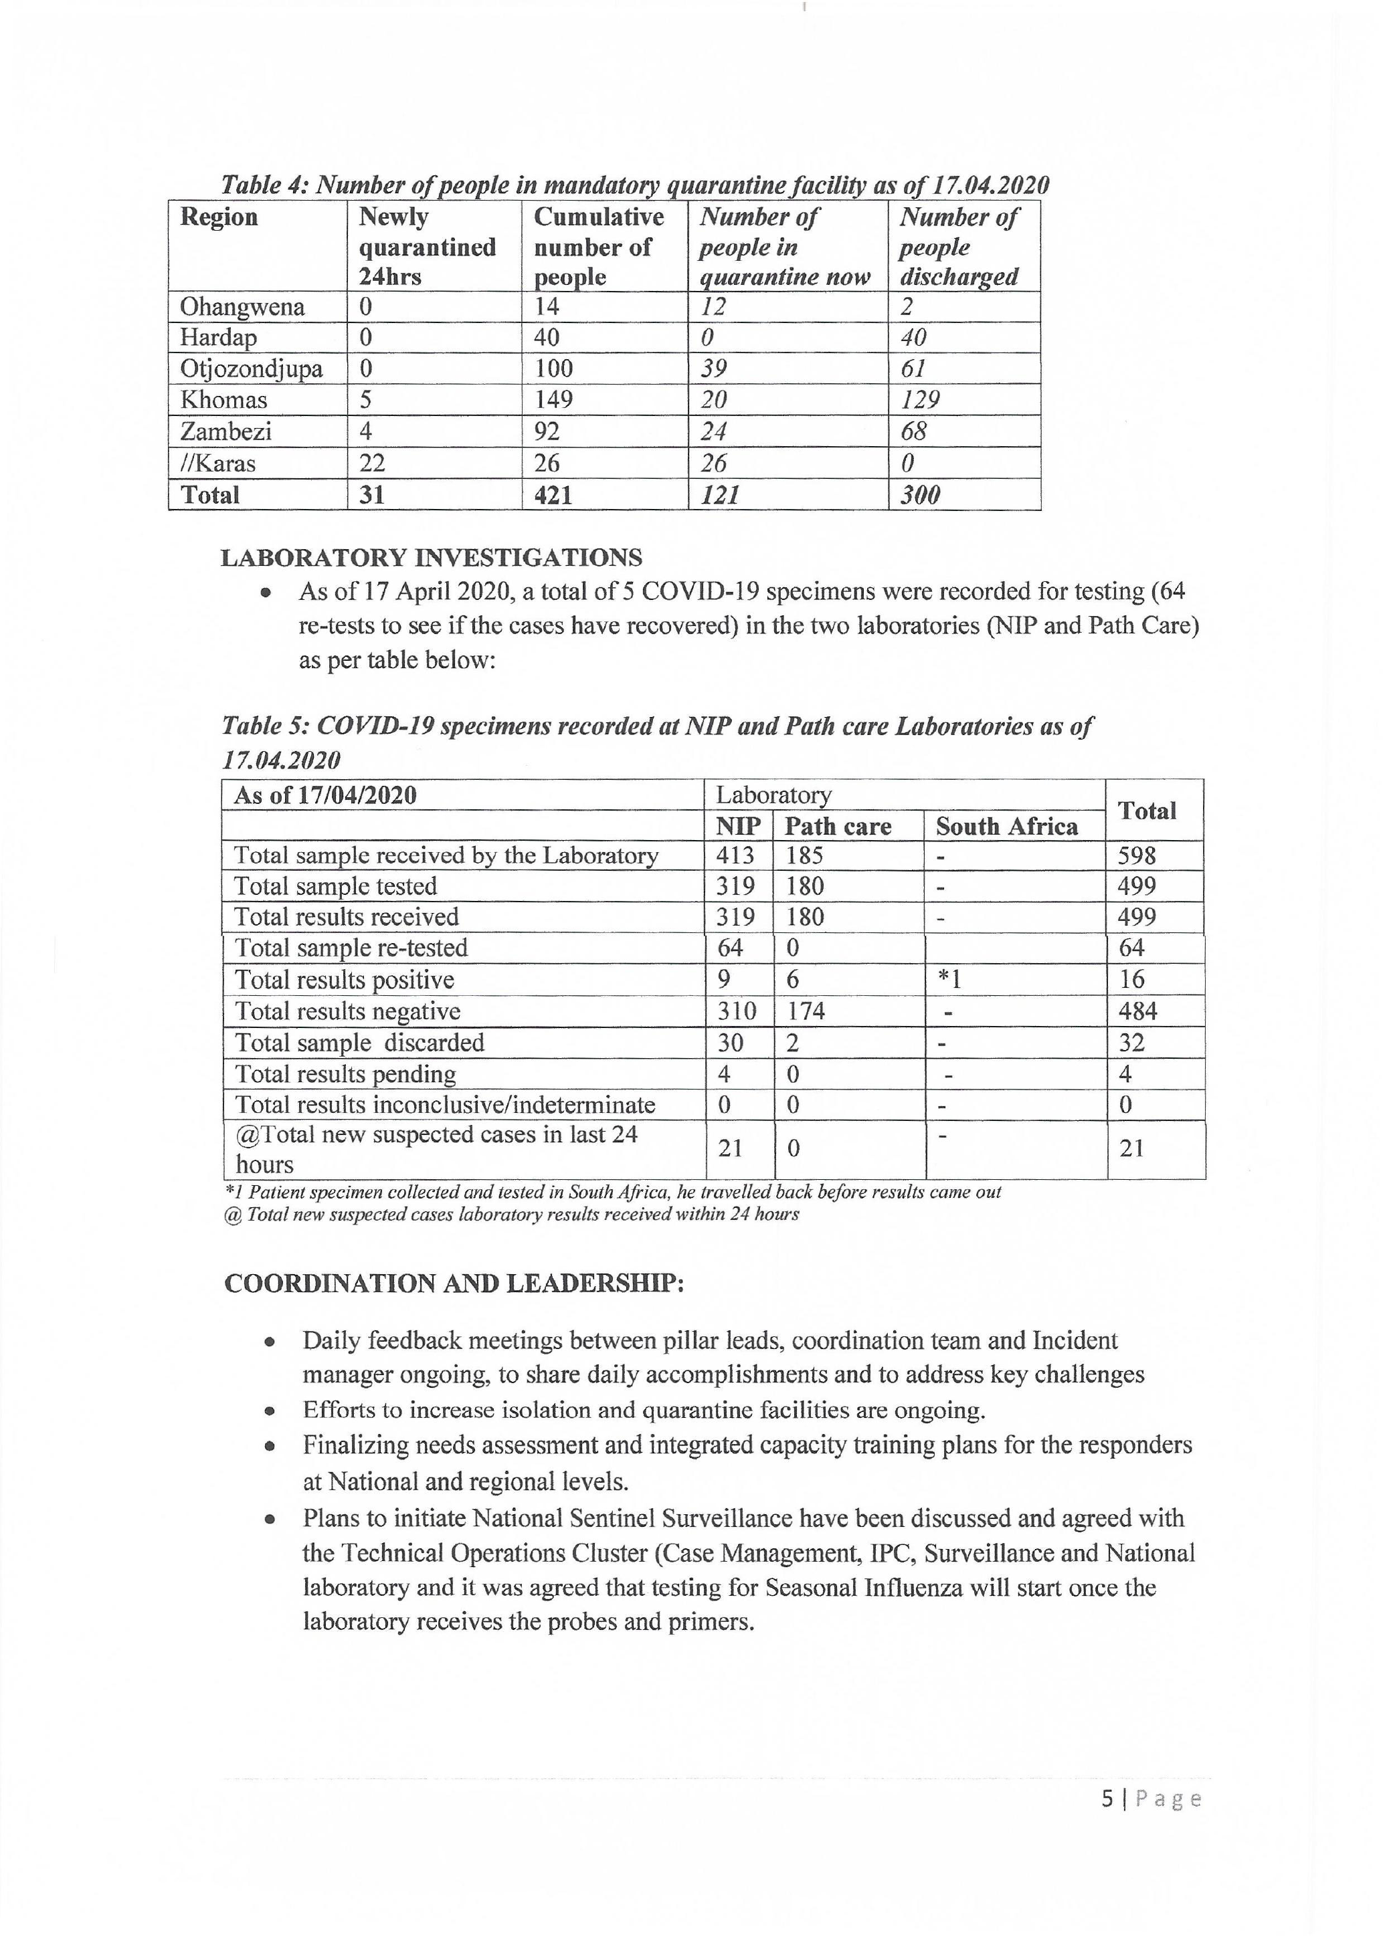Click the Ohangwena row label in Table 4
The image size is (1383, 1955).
242,306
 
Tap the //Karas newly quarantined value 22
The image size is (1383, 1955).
372,464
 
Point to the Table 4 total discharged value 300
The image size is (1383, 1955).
920,495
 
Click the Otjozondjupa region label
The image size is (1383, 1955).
251,369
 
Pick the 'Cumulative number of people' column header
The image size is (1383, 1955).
599,246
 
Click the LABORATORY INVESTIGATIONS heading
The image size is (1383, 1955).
431,558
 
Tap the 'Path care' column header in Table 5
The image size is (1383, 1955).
838,827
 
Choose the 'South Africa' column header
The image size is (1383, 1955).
1006,827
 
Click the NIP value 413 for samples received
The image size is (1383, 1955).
735,855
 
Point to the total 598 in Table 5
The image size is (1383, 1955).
1136,855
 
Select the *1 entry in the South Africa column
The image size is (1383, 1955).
949,979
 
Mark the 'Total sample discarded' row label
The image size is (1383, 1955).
359,1042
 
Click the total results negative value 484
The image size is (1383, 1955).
1137,1011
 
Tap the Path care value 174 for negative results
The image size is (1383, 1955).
805,1011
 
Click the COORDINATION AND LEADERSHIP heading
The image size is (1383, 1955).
454,1284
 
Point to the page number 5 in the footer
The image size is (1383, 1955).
1107,1798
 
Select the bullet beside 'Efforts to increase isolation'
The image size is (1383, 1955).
270,1411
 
